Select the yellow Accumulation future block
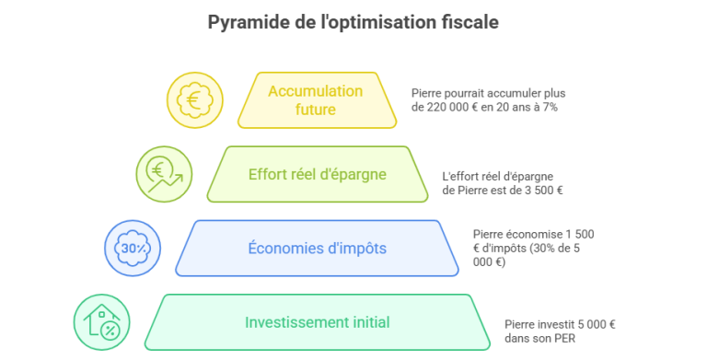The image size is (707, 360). (x=317, y=100)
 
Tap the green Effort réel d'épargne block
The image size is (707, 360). (x=318, y=174)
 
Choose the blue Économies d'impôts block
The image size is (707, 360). (x=317, y=248)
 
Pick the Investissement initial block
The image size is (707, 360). (x=317, y=322)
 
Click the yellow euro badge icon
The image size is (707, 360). (x=195, y=100)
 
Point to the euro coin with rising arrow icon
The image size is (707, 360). (x=164, y=174)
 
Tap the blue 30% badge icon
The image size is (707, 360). (x=133, y=248)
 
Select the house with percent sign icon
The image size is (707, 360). (x=102, y=322)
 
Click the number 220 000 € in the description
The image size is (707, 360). (x=451, y=108)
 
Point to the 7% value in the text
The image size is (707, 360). (x=551, y=108)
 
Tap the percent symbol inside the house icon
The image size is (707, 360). (x=110, y=331)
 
